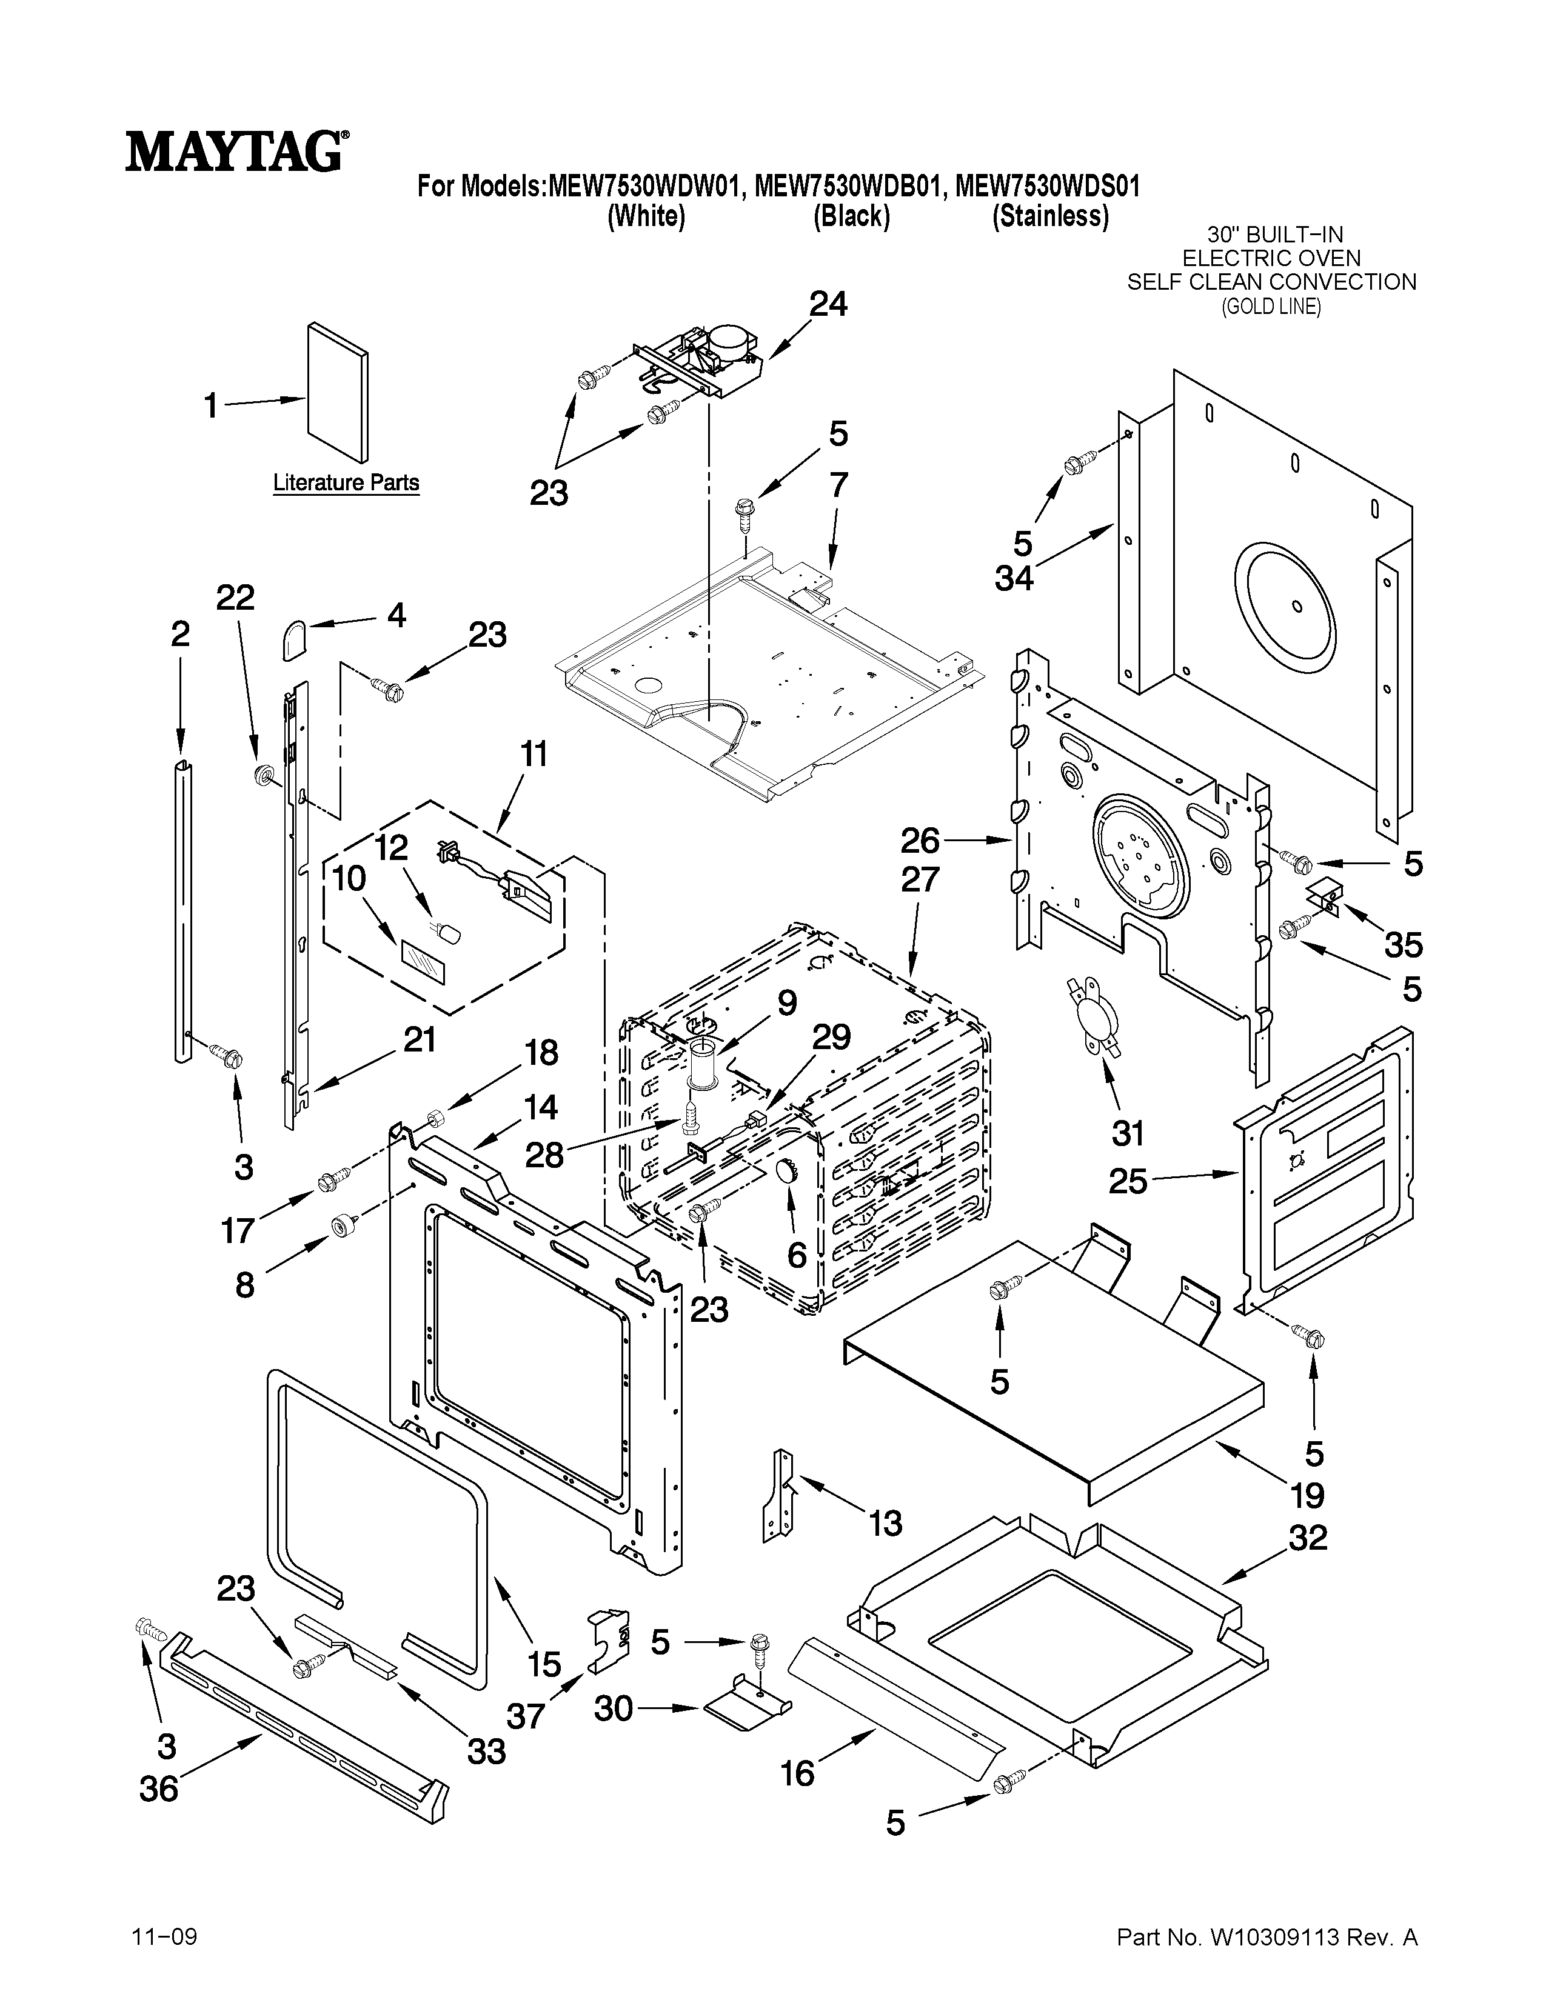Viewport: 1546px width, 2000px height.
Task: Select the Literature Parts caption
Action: click(x=346, y=482)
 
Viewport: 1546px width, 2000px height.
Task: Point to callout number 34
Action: click(x=1014, y=578)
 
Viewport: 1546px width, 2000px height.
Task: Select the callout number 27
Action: click(x=920, y=879)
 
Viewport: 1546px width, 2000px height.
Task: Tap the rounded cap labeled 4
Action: click(x=293, y=638)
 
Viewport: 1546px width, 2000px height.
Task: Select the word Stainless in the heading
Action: click(x=1051, y=216)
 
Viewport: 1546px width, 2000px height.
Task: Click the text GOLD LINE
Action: click(x=1271, y=307)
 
